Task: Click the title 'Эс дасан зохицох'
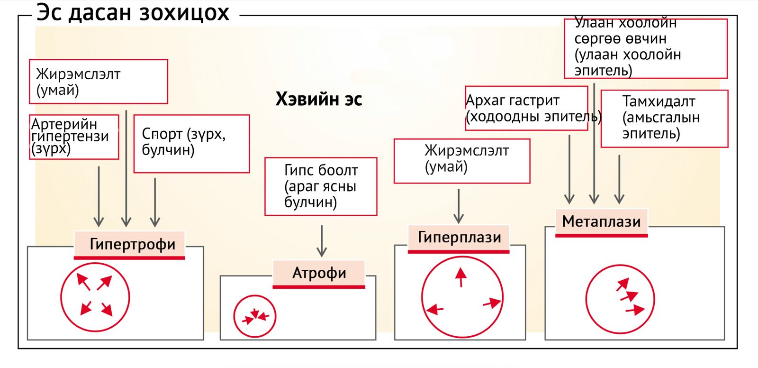point(133,13)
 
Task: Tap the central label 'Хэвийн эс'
point(319,99)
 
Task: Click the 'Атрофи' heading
point(319,273)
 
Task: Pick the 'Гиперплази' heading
point(459,237)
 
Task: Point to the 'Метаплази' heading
point(601,221)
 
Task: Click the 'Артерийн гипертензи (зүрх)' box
point(74,137)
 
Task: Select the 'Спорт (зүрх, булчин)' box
point(191,143)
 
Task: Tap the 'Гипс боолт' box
point(321,186)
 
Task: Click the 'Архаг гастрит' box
point(526,108)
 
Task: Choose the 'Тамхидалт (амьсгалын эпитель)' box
point(664,119)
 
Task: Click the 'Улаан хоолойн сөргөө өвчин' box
point(645,48)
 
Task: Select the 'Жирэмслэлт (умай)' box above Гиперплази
point(462,161)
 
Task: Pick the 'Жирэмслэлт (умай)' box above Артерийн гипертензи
point(99,82)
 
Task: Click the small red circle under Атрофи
point(255,316)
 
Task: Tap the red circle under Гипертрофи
point(95,297)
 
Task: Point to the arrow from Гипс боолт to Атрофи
point(322,240)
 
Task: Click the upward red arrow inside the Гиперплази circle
point(460,277)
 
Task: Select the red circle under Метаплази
point(620,299)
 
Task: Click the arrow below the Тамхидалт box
point(619,179)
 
